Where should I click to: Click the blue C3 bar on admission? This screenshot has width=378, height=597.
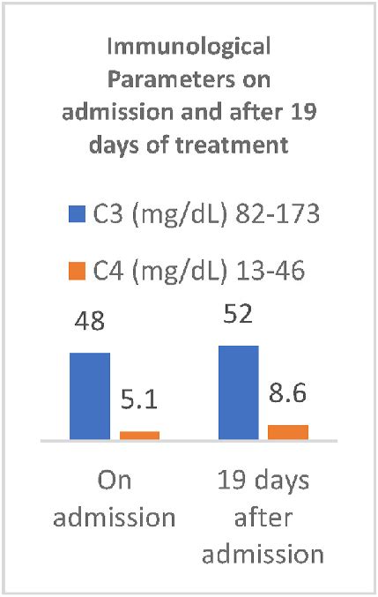(x=90, y=394)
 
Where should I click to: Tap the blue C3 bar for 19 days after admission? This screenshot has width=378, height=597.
(x=238, y=391)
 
